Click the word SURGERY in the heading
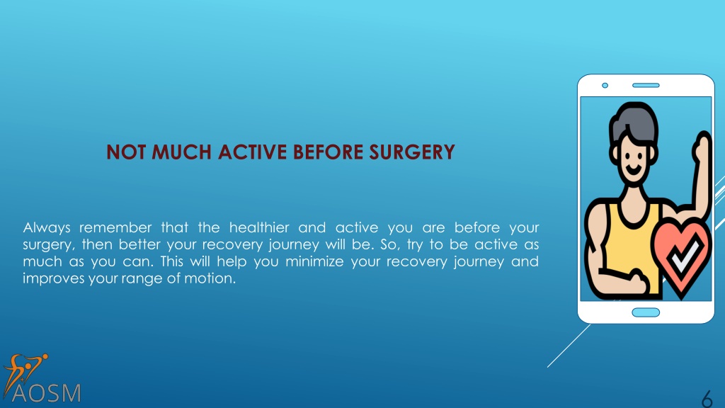[x=412, y=152]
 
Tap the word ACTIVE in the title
[x=253, y=152]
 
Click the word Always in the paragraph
[x=47, y=227]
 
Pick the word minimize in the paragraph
[x=314, y=261]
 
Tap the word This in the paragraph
[x=172, y=261]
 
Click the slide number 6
[x=707, y=399]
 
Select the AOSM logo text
[x=46, y=393]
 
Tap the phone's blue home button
[x=646, y=312]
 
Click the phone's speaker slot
[x=646, y=85]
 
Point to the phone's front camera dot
[x=605, y=85]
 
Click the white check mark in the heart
[x=685, y=254]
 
